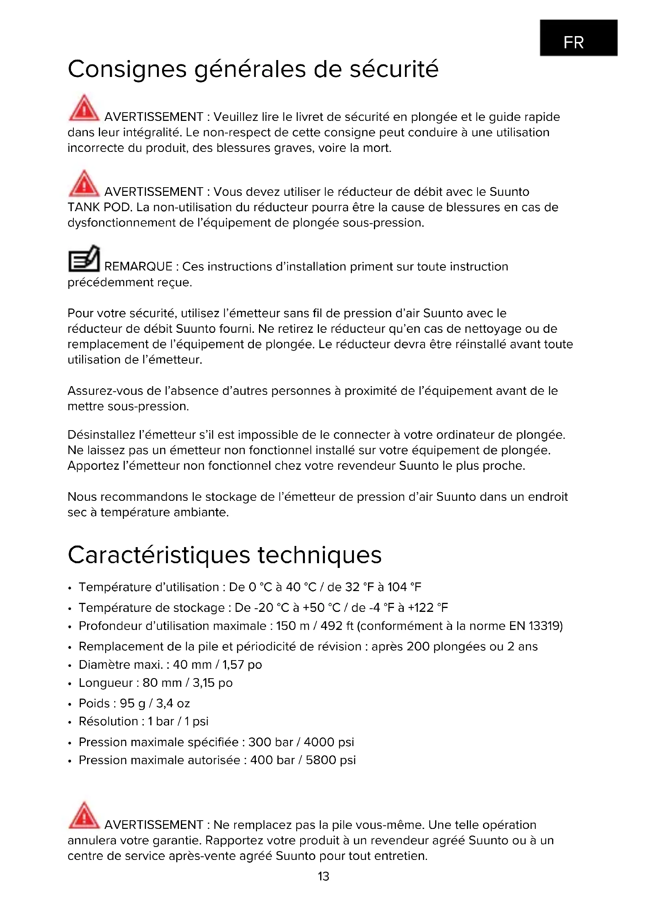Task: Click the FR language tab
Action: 578,38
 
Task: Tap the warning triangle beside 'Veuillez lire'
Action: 84,108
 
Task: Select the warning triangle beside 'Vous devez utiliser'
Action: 84,184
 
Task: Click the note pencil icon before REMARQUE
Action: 84,259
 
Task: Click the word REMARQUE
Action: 138,266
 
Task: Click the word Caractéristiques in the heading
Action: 159,556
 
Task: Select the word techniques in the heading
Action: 319,556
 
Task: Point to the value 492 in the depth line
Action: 331,626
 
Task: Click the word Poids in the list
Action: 94,703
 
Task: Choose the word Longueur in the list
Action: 106,683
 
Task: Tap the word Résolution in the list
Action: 108,721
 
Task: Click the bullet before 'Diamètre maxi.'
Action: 70,665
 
